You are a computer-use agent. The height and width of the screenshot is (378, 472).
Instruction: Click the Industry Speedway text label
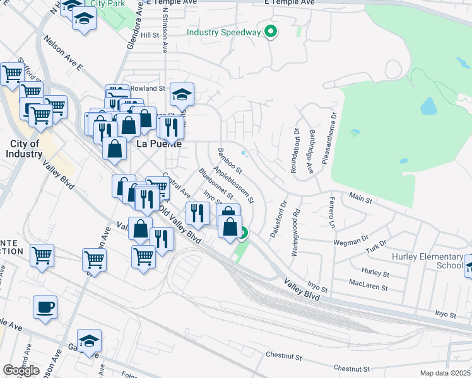pos(224,32)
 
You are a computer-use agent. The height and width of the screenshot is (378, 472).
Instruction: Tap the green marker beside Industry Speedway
pos(271,31)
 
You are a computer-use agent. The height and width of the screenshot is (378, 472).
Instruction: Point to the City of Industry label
pos(25,149)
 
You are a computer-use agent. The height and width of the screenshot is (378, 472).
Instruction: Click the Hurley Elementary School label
pos(428,261)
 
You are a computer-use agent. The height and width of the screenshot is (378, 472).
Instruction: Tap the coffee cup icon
pos(45,308)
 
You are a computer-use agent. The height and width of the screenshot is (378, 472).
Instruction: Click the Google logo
pos(21,370)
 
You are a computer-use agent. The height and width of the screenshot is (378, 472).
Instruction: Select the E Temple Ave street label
pos(288,3)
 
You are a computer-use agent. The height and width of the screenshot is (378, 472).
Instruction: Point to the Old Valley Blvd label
pos(180,226)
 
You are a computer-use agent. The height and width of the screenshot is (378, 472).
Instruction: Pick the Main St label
pos(361,198)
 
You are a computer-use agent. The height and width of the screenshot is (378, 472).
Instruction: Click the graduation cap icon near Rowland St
pos(182,94)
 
